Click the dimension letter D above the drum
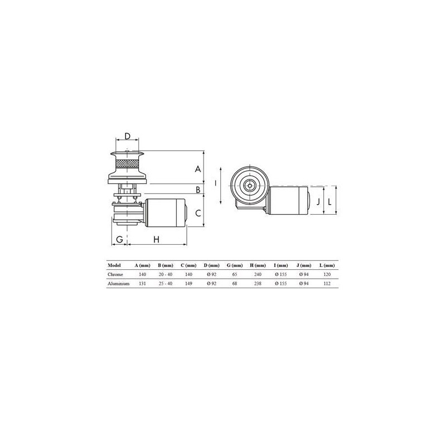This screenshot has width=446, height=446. click(128, 136)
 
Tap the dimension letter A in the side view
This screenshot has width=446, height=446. click(198, 169)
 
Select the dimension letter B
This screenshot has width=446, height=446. click(198, 190)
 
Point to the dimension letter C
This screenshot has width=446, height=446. click(198, 213)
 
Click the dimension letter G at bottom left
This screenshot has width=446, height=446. click(120, 240)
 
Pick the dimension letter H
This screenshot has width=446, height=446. click(157, 240)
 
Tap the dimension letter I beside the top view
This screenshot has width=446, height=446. click(216, 183)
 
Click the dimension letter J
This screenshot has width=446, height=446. click(318, 202)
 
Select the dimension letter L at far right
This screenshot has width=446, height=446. click(329, 202)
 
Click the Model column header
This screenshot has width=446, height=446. click(114, 265)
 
